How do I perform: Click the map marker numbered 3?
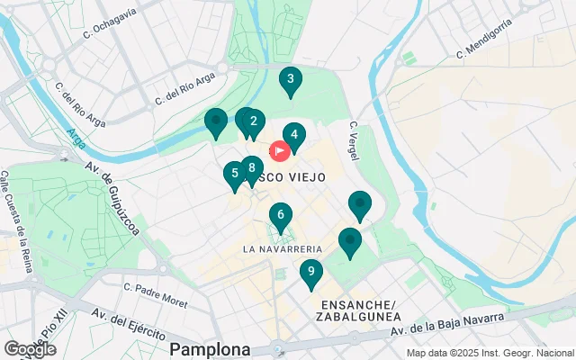(x=289, y=80)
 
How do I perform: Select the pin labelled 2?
(x=255, y=121)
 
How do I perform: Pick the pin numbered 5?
(x=235, y=173)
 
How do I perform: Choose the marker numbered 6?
(x=281, y=215)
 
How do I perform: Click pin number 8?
(x=252, y=168)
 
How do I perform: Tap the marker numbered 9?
(x=310, y=272)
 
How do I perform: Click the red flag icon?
(x=279, y=150)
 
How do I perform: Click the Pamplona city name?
(x=210, y=348)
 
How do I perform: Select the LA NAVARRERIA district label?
(x=283, y=248)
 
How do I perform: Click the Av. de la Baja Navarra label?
(x=450, y=328)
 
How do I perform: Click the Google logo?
(x=30, y=349)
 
